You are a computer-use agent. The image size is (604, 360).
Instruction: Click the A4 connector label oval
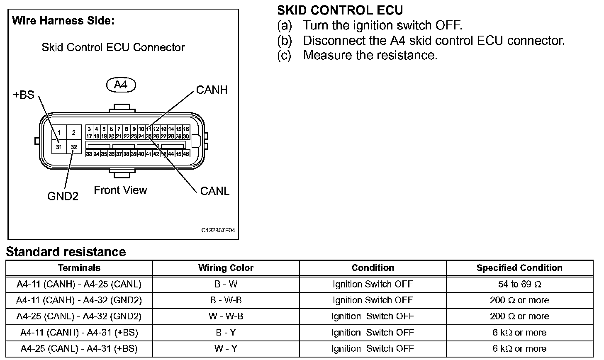tap(121, 85)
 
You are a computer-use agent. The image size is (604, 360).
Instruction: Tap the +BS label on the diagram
tap(24, 95)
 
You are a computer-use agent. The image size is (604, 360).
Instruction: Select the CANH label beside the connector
tap(212, 90)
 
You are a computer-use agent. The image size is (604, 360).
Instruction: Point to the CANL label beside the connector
tap(214, 191)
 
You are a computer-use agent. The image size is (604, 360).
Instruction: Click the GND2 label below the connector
tap(63, 196)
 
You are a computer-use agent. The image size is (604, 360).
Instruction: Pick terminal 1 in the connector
tap(59, 133)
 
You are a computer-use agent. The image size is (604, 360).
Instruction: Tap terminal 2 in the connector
tap(74, 133)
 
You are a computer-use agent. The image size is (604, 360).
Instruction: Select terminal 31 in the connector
tap(59, 147)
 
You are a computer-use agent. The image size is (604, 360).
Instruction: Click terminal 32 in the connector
tap(74, 147)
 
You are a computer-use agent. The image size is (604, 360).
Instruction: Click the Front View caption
tap(120, 190)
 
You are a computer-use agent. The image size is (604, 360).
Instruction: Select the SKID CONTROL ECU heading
tap(340, 10)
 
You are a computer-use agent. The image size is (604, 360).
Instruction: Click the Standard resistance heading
tap(66, 251)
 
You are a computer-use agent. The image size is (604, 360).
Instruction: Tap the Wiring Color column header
tap(226, 268)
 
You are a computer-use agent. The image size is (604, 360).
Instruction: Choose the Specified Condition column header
tap(519, 268)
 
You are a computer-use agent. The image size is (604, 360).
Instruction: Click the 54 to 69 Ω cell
tap(519, 284)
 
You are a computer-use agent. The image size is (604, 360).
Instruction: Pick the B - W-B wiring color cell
tap(226, 300)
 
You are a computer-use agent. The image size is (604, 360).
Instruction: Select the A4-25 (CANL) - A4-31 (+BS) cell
tap(79, 349)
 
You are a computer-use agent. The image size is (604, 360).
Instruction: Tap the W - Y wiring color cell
tap(226, 349)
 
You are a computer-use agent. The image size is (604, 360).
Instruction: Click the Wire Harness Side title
tap(63, 21)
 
